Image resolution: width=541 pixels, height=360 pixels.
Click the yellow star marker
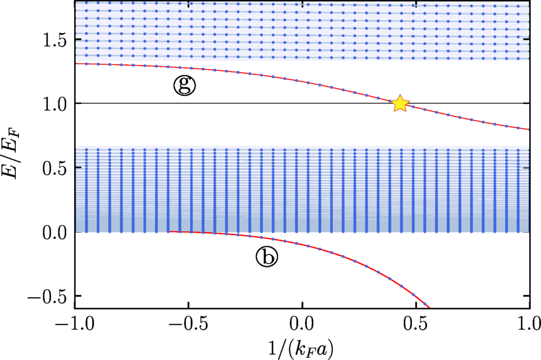[x=400, y=103]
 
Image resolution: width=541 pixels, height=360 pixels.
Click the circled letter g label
[x=184, y=86]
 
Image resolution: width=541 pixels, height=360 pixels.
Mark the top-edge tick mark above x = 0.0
[x=302, y=4]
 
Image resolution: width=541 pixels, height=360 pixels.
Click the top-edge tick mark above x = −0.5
[x=188, y=4]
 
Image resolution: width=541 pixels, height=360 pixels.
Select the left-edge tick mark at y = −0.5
[x=77, y=297]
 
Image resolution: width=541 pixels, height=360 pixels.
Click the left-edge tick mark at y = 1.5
[x=77, y=39]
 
